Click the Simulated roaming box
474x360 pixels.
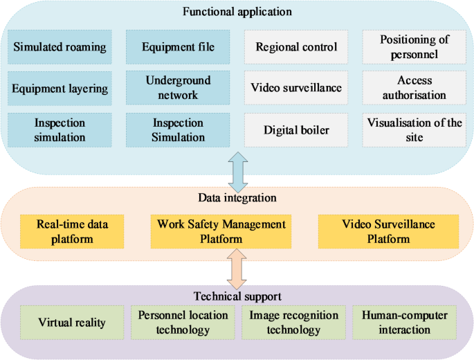tap(60, 47)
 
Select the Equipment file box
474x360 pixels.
tap(178, 47)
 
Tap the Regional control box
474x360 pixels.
tap(296, 47)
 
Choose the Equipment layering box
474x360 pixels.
tap(60, 88)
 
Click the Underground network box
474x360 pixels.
tap(178, 88)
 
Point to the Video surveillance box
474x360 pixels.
tap(296, 88)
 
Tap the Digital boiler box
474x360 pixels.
tap(296, 129)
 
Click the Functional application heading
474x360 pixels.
tap(237, 12)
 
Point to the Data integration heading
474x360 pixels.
tap(237, 198)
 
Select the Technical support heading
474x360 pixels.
tap(237, 296)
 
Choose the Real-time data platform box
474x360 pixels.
tap(71, 231)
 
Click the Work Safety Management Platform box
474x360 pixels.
tap(221, 231)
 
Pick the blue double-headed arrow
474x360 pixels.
tap(237, 173)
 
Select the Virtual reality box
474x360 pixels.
tap(72, 323)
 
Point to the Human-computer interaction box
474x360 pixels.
tap(404, 323)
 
